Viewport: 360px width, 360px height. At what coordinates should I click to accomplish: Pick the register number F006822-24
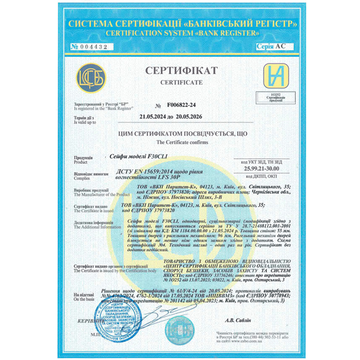point(182,104)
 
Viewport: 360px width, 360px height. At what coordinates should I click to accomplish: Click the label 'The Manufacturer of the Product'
point(101,194)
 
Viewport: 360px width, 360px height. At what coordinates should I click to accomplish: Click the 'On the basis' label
point(85,299)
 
